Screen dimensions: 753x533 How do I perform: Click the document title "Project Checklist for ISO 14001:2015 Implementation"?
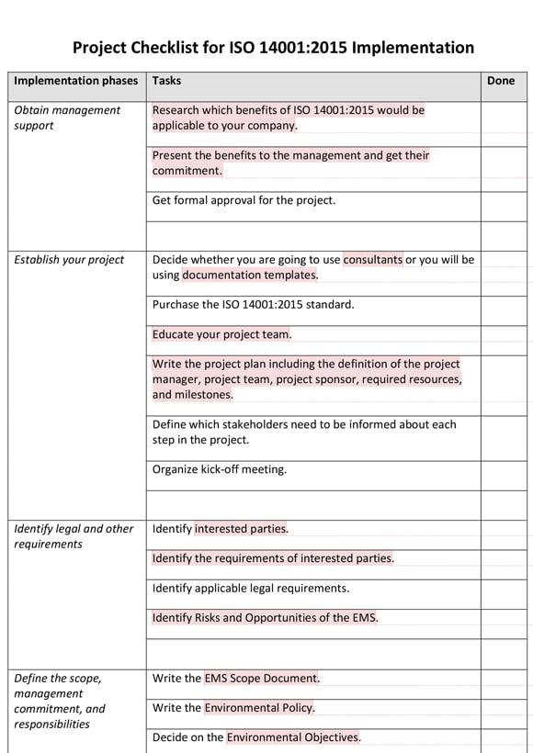click(x=273, y=48)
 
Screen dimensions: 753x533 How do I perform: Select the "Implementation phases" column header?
click(x=75, y=81)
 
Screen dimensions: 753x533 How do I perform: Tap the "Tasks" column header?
click(x=166, y=81)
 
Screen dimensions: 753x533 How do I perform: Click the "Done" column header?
click(x=501, y=81)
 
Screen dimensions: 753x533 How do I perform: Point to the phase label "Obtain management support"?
click(x=67, y=118)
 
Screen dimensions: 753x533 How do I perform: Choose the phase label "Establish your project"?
click(x=69, y=260)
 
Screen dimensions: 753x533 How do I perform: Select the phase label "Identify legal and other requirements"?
click(x=74, y=536)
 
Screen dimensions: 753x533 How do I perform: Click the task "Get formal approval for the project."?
click(x=244, y=200)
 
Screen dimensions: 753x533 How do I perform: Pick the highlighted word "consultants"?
click(x=372, y=260)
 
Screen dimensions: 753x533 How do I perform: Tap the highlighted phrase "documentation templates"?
click(x=249, y=275)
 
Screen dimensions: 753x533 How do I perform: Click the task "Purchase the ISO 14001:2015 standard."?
click(x=253, y=304)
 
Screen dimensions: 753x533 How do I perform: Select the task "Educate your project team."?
click(x=221, y=334)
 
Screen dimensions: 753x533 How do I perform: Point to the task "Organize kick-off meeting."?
click(x=220, y=469)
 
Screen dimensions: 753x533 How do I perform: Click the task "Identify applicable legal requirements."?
click(x=250, y=588)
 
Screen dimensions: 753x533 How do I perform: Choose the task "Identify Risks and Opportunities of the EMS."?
click(x=265, y=618)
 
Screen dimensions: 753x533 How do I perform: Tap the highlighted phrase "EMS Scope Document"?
click(x=261, y=679)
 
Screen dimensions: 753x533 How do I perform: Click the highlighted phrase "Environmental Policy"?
click(x=259, y=708)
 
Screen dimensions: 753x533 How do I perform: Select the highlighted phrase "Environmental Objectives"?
click(x=293, y=737)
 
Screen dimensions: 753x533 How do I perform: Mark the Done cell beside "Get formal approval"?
click(x=505, y=200)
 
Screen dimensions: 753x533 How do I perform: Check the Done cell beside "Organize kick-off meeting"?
click(x=505, y=469)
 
